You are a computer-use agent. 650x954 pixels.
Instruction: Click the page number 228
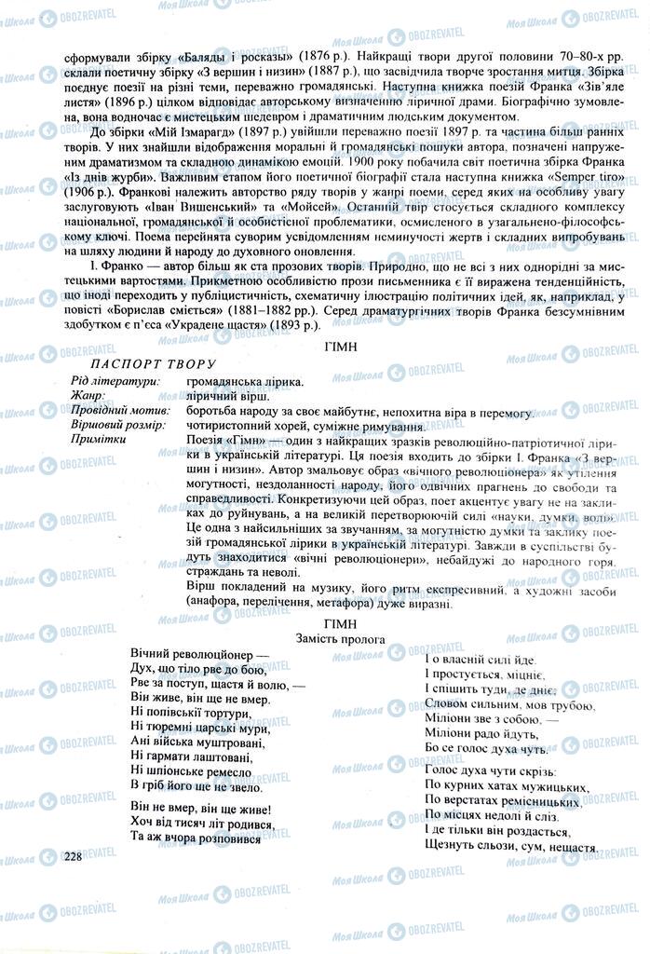pyautogui.click(x=74, y=855)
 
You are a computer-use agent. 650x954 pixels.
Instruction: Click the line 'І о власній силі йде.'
pyautogui.click(x=480, y=659)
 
